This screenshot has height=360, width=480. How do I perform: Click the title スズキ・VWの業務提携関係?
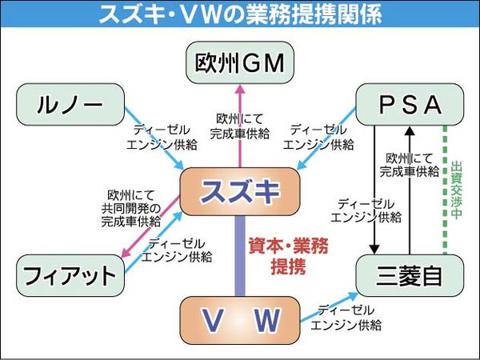click(x=239, y=14)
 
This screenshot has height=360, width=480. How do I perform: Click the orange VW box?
click(x=239, y=319)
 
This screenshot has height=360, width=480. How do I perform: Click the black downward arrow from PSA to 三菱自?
click(x=374, y=192)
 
